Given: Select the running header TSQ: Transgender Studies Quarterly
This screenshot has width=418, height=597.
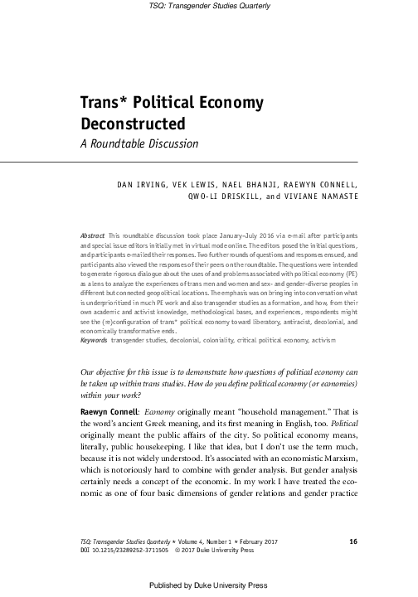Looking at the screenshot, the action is [x=209, y=7].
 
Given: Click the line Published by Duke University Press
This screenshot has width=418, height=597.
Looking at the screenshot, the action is [x=209, y=585].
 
